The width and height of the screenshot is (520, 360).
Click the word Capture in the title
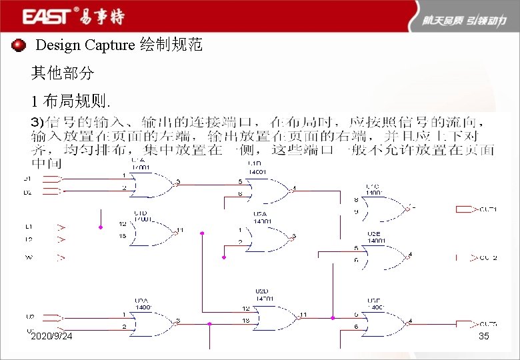[x=109, y=45]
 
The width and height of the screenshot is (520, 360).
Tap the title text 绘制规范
[x=171, y=45]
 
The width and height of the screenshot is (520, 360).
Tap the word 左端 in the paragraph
[x=176, y=135]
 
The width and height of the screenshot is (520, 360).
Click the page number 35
[x=484, y=336]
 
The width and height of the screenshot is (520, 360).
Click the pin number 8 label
[x=356, y=200]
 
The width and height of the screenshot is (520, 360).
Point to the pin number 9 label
[x=356, y=212]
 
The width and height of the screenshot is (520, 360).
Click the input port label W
[x=29, y=257]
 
